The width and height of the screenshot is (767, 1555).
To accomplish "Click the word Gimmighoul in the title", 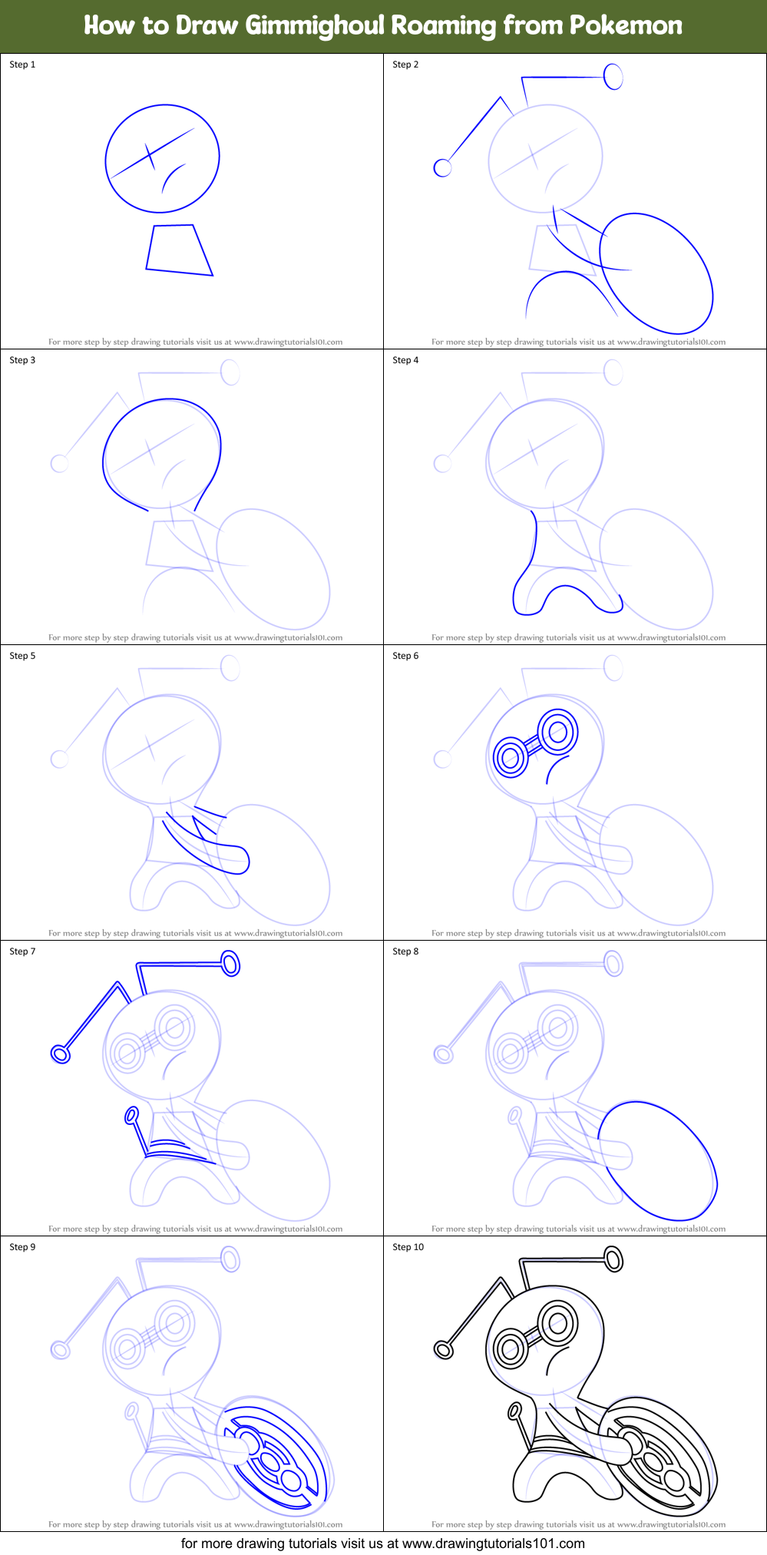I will (315, 26).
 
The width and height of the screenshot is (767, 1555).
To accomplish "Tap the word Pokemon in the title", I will (626, 26).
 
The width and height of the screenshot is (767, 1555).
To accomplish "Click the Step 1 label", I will (22, 65).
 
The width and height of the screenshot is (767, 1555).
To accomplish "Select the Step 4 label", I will (405, 360).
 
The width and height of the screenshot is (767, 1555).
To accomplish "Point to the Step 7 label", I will (22, 951).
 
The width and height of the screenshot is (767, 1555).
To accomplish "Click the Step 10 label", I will (408, 1247).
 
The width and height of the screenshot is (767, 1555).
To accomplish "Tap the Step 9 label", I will (22, 1247).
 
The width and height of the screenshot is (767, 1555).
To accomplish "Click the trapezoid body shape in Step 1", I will (178, 250).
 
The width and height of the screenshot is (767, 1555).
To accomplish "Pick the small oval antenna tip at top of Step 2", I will (613, 76).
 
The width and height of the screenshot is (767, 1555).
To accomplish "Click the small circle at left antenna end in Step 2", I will (442, 167).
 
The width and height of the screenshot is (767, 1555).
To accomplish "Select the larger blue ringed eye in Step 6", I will (557, 732).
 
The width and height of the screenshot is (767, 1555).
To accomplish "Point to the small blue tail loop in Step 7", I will (131, 1114).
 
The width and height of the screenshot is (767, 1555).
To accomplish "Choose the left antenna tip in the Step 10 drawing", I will (443, 1350).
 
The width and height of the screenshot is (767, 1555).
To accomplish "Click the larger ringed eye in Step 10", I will (557, 1323).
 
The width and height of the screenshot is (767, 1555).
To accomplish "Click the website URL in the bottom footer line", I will (494, 1543).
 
